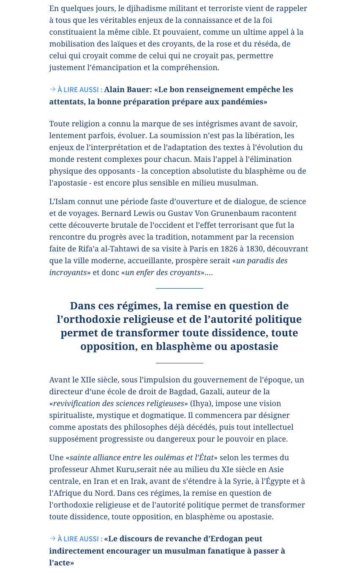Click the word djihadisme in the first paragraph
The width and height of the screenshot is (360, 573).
coord(138,8)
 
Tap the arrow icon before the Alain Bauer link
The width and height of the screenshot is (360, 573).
coord(53,89)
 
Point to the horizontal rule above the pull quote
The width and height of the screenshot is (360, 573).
coord(180,288)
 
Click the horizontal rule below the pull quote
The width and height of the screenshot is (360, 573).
coord(180,363)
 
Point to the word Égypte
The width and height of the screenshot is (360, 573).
coord(278,481)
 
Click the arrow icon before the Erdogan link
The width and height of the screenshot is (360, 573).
coord(53,538)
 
